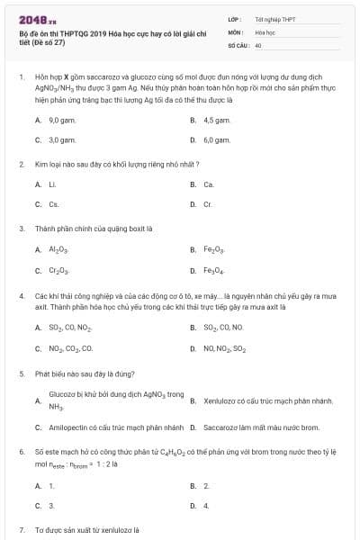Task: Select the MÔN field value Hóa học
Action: pyautogui.click(x=264, y=31)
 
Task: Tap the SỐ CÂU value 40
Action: pyautogui.click(x=258, y=44)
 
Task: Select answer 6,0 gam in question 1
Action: pyautogui.click(x=216, y=140)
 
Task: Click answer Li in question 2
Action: pyautogui.click(x=52, y=184)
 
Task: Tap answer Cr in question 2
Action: pyautogui.click(x=208, y=204)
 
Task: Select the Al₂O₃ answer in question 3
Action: pyautogui.click(x=58, y=249)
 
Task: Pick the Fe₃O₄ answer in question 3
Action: pyautogui.click(x=214, y=270)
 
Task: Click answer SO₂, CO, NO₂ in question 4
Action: pyautogui.click(x=69, y=328)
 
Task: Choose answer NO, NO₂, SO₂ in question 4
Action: pyautogui.click(x=224, y=347)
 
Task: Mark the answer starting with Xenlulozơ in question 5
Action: pyautogui.click(x=256, y=400)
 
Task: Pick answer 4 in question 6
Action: pyautogui.click(x=206, y=506)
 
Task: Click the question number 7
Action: pyautogui.click(x=21, y=530)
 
